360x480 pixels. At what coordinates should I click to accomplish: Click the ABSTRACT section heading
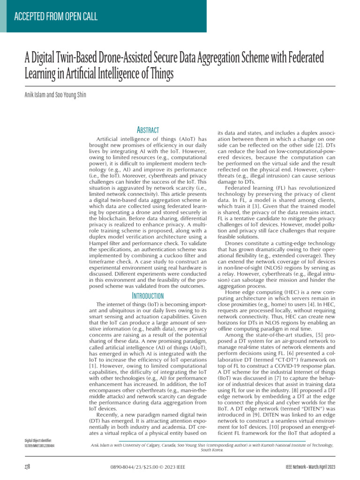coord(148,130)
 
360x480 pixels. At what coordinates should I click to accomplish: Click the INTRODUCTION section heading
coord(148,296)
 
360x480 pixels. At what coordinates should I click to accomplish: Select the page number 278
coord(28,467)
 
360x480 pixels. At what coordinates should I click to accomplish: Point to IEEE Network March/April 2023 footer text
coord(310,467)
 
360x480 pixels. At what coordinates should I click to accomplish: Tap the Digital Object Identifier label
coord(38,441)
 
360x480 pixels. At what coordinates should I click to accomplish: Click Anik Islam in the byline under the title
coord(36,95)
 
